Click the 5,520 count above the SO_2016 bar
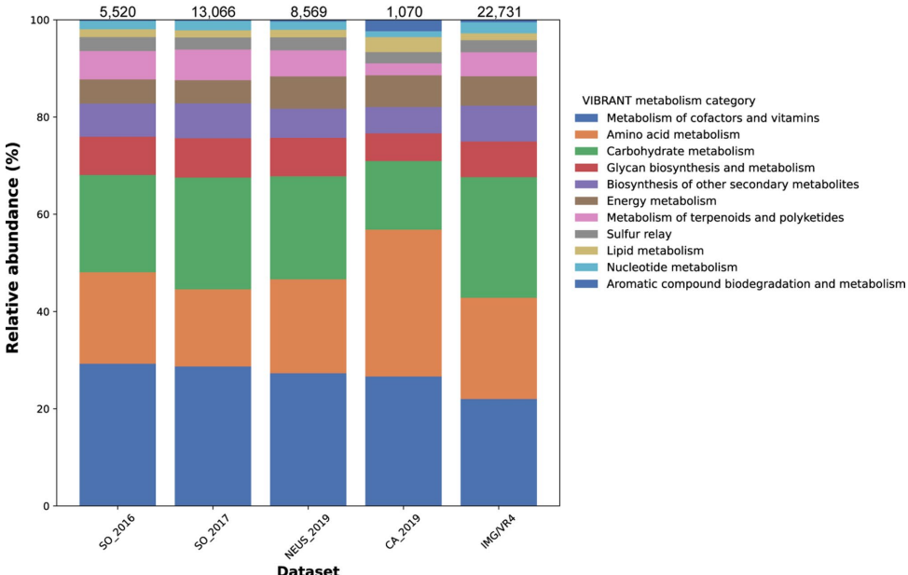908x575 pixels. pos(117,10)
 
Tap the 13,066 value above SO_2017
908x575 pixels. pos(213,10)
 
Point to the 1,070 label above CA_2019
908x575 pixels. pos(404,10)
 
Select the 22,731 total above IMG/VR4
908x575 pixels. pos(499,10)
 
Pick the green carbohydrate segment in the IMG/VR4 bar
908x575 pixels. pos(499,238)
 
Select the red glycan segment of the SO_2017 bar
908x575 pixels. pos(213,157)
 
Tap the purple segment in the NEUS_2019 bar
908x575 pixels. pos(309,123)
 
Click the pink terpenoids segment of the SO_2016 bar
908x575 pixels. pos(117,64)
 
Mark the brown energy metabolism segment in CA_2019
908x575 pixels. pos(404,90)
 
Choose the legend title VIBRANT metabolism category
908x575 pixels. pos(668,101)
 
